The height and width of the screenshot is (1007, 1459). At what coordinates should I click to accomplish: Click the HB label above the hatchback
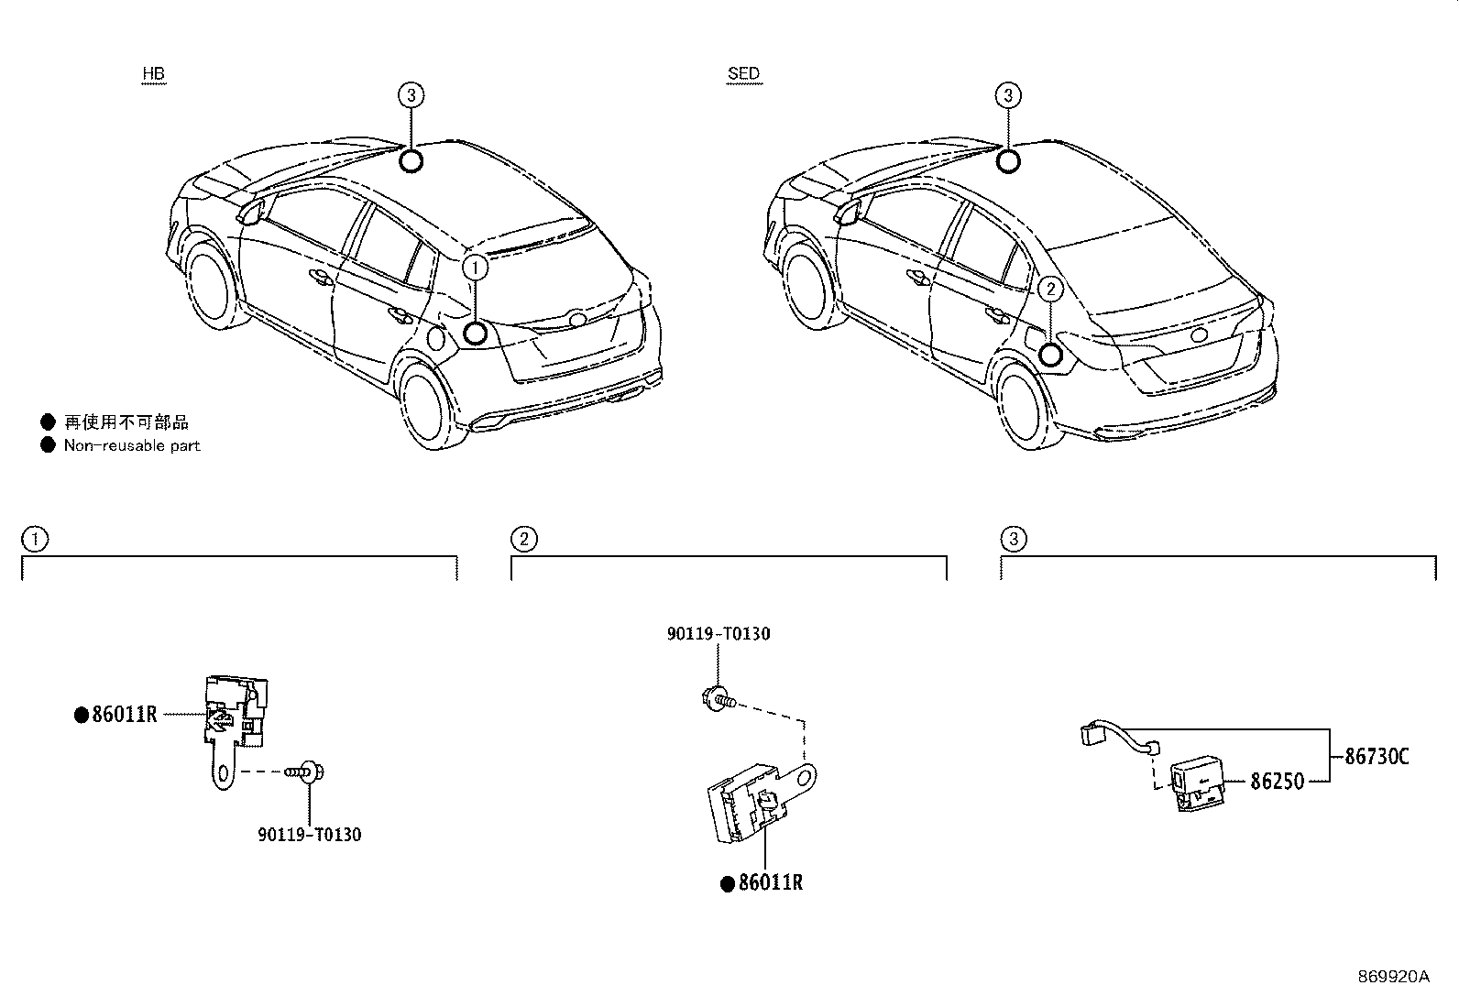(154, 73)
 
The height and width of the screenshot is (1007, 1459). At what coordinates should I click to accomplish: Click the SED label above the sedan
(744, 73)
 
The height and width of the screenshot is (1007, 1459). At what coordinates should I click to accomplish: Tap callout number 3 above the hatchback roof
(411, 95)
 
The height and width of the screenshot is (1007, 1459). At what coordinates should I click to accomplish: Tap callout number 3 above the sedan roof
(1008, 95)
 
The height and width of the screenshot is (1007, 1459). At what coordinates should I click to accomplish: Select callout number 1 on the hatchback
(475, 268)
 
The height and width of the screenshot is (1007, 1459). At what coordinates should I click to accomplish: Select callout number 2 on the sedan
(1050, 290)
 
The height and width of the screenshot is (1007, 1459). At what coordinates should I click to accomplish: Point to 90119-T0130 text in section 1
(310, 835)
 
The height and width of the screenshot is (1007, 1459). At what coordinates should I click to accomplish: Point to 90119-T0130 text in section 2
(719, 634)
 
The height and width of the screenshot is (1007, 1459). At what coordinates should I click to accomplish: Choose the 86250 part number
(1278, 781)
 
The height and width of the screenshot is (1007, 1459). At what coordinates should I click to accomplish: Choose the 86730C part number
(1377, 756)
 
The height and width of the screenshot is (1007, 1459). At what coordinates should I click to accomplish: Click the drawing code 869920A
(1394, 977)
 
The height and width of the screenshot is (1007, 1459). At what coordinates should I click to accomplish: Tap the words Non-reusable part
(132, 445)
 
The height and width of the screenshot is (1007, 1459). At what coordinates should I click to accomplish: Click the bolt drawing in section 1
(305, 772)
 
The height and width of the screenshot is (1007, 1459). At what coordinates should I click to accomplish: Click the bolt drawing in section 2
(719, 699)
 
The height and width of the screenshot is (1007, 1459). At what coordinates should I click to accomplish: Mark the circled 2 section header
(524, 540)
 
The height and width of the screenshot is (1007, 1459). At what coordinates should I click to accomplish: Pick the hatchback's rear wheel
(428, 404)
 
